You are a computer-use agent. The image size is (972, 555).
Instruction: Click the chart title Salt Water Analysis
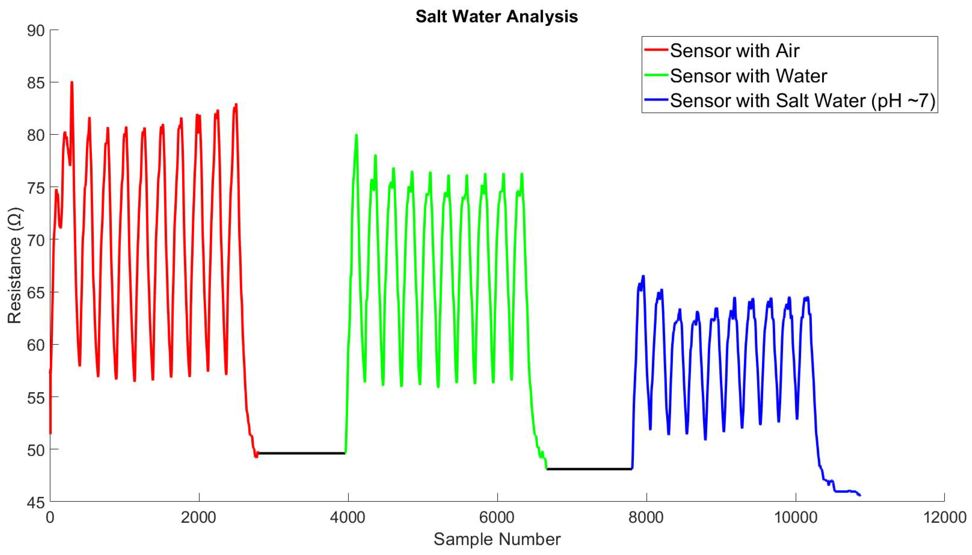click(x=496, y=17)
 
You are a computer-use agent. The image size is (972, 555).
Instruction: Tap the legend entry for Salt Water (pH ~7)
click(x=802, y=101)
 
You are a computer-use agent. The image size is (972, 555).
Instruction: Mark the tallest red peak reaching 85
click(x=72, y=83)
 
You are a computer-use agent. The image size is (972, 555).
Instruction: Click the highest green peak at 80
click(x=356, y=135)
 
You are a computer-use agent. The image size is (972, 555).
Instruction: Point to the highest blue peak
click(x=643, y=276)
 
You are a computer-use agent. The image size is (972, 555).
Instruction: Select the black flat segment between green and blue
click(x=589, y=469)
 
